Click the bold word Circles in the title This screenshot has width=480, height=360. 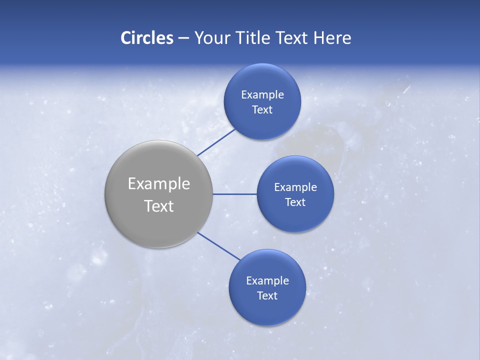pyautogui.click(x=146, y=37)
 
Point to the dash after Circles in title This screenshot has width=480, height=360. pyautogui.click(x=183, y=38)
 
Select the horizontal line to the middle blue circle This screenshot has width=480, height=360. pyautogui.click(x=234, y=194)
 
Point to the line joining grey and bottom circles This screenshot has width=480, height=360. pyautogui.click(x=219, y=246)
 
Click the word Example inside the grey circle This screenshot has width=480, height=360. pyautogui.click(x=159, y=184)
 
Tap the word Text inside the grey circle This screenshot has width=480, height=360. pyautogui.click(x=159, y=206)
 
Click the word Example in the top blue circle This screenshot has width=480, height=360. pyautogui.click(x=262, y=95)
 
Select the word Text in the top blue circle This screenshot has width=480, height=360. pyautogui.click(x=262, y=109)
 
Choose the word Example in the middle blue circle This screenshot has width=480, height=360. pyautogui.click(x=295, y=187)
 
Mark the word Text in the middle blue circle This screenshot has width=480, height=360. pyautogui.click(x=295, y=202)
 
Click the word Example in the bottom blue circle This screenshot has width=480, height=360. pyautogui.click(x=267, y=281)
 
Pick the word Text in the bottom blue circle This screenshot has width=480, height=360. pyautogui.click(x=267, y=295)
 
